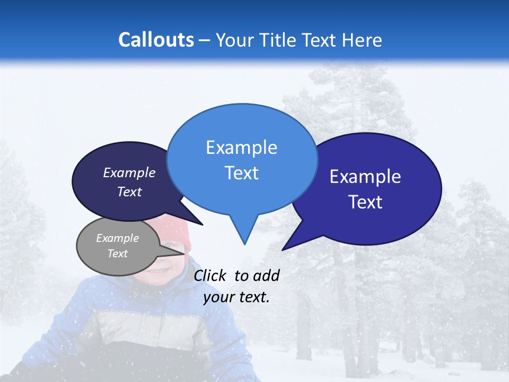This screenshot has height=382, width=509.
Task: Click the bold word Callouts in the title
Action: pyautogui.click(x=156, y=40)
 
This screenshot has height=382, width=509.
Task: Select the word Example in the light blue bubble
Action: pyautogui.click(x=241, y=147)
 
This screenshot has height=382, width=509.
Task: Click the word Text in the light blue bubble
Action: pyautogui.click(x=241, y=173)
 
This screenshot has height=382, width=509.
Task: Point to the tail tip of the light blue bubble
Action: pyautogui.click(x=244, y=244)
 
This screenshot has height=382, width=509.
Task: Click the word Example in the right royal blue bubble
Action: pyautogui.click(x=365, y=177)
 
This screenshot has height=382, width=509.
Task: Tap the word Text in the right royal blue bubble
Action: pyautogui.click(x=365, y=202)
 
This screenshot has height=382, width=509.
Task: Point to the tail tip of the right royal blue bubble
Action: pyautogui.click(x=283, y=249)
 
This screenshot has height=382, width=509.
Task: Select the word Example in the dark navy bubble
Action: pyautogui.click(x=129, y=172)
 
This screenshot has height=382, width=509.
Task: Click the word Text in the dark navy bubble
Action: pyautogui.click(x=129, y=192)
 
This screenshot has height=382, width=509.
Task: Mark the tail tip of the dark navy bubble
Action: pyautogui.click(x=202, y=224)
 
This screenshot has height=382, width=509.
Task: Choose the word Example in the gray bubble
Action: pyautogui.click(x=117, y=238)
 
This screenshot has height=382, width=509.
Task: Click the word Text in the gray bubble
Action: pyautogui.click(x=117, y=254)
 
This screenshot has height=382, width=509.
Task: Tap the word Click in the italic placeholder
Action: pyautogui.click(x=210, y=275)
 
